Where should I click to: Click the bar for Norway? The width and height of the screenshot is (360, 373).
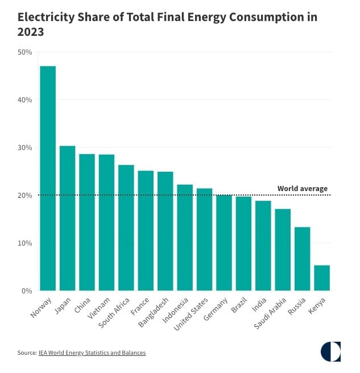coord(48,179)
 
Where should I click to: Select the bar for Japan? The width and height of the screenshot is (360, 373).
coord(67,218)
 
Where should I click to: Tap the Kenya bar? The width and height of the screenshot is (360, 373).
coord(322,278)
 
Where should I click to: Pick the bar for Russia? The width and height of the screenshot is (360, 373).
coord(302,259)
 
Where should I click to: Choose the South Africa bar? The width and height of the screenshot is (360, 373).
coord(126,228)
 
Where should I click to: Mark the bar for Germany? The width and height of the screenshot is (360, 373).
coord(224,243)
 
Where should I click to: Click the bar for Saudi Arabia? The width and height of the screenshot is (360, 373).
coord(283,250)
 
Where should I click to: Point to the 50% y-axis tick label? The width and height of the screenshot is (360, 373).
coord(25,52)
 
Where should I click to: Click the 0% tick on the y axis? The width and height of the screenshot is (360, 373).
coord(27,291)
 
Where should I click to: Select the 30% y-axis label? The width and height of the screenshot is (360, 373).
coord(25,148)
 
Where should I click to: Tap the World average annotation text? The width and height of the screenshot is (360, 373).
coord(302,189)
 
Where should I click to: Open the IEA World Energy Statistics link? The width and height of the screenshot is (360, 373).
coord(92,353)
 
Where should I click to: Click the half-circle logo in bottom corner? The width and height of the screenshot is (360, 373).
coord(330,351)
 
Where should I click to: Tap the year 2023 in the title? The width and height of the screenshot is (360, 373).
coord(31,32)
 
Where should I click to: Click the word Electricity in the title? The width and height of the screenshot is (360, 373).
coord(46,17)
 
